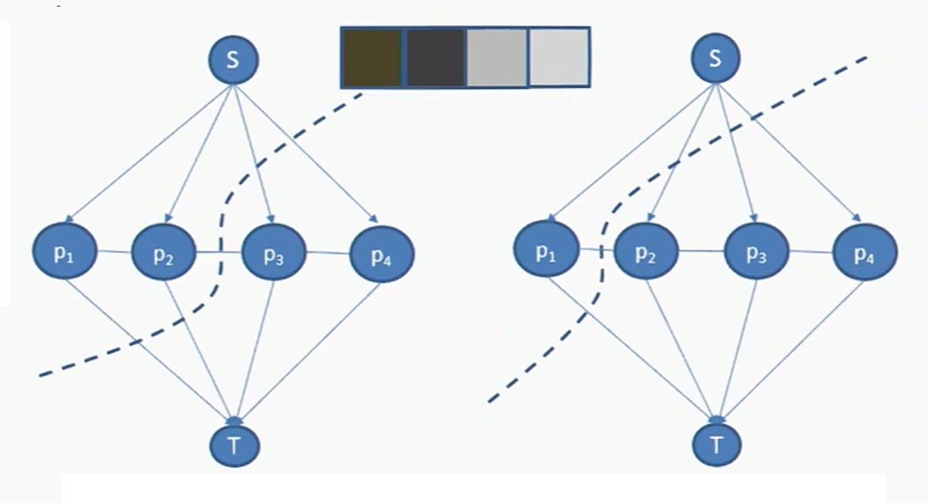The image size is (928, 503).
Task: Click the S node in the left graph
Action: click(x=234, y=59)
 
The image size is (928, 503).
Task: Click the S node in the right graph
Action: click(x=715, y=59)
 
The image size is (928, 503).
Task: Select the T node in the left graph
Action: click(x=234, y=446)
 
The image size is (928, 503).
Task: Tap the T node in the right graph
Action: click(x=716, y=444)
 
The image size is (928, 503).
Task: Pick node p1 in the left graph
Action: click(x=64, y=252)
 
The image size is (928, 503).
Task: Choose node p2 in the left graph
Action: click(x=165, y=252)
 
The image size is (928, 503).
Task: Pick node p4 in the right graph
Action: click(x=865, y=253)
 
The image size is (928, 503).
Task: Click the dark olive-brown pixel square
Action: click(x=372, y=57)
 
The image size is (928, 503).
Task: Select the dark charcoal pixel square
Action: click(x=435, y=58)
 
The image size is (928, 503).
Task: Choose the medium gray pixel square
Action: click(x=496, y=58)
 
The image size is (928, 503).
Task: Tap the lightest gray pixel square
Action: click(x=558, y=58)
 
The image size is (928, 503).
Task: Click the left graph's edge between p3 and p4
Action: click(x=328, y=254)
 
